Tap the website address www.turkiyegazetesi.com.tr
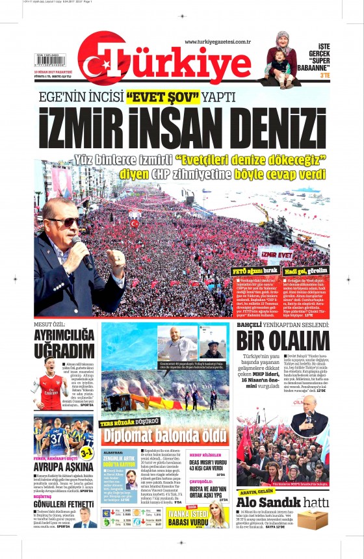coord(217,42)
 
